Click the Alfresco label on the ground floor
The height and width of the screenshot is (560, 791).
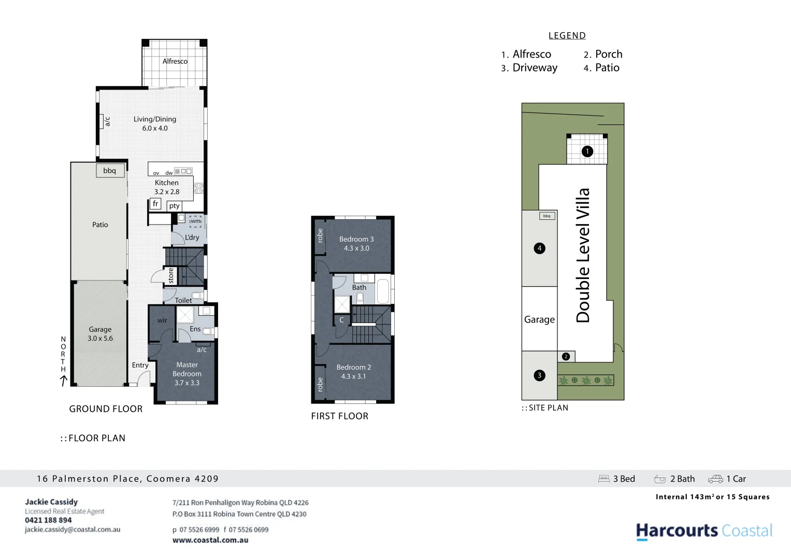click(175, 61)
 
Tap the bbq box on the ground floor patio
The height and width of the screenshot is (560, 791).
click(110, 171)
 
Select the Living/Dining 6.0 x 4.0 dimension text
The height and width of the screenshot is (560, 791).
click(155, 128)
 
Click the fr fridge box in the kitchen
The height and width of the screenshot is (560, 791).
click(155, 204)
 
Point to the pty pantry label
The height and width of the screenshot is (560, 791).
click(175, 206)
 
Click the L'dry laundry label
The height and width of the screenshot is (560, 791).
click(192, 237)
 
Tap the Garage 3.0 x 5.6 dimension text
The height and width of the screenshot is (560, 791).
click(100, 338)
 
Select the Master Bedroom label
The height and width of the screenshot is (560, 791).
click(187, 369)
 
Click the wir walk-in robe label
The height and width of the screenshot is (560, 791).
click(162, 320)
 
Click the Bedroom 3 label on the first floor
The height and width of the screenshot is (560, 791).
click(356, 239)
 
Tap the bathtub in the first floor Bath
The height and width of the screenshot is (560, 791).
click(383, 291)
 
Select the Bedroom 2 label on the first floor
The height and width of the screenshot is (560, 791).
click(354, 367)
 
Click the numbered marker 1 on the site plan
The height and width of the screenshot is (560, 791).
click(587, 151)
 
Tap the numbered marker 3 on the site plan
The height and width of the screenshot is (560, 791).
click(539, 375)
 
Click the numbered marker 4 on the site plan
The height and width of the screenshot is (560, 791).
click(539, 248)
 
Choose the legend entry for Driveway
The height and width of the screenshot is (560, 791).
click(534, 68)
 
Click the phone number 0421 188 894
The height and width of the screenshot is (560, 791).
click(48, 520)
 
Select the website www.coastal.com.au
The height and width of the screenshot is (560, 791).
click(210, 540)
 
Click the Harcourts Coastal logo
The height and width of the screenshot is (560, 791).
click(703, 531)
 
